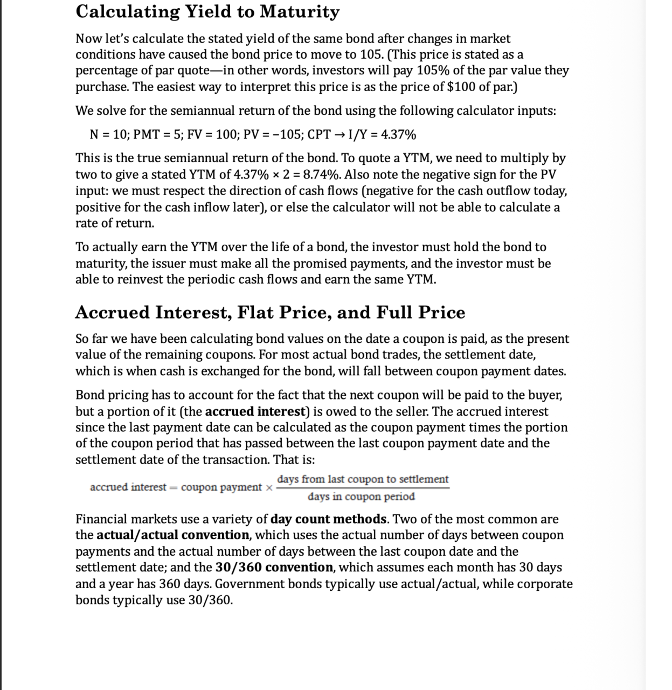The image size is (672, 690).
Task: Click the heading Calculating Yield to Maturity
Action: coord(207,12)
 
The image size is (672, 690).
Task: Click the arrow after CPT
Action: coord(341,134)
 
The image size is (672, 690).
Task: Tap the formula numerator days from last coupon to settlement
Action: coord(363,479)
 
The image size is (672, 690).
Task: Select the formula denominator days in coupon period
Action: coord(361,496)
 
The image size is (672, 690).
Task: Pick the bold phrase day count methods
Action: coord(328,519)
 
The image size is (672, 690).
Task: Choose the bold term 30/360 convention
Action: coord(274,568)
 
